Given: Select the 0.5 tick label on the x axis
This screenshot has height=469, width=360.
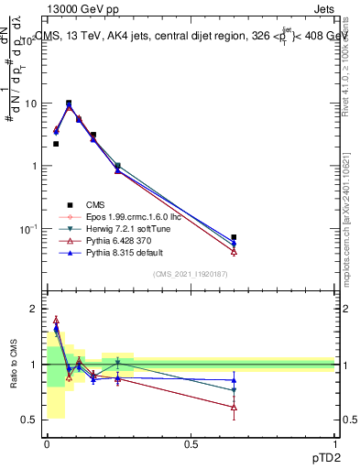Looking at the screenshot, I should (x=191, y=443).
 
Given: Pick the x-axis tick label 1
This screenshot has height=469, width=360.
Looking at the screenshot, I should (x=334, y=443).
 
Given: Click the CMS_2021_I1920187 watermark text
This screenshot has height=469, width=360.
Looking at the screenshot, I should (x=190, y=274).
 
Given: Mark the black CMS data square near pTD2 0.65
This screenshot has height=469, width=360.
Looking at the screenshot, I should (x=234, y=237).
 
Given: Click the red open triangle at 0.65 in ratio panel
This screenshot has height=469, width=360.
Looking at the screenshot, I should (x=234, y=407).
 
